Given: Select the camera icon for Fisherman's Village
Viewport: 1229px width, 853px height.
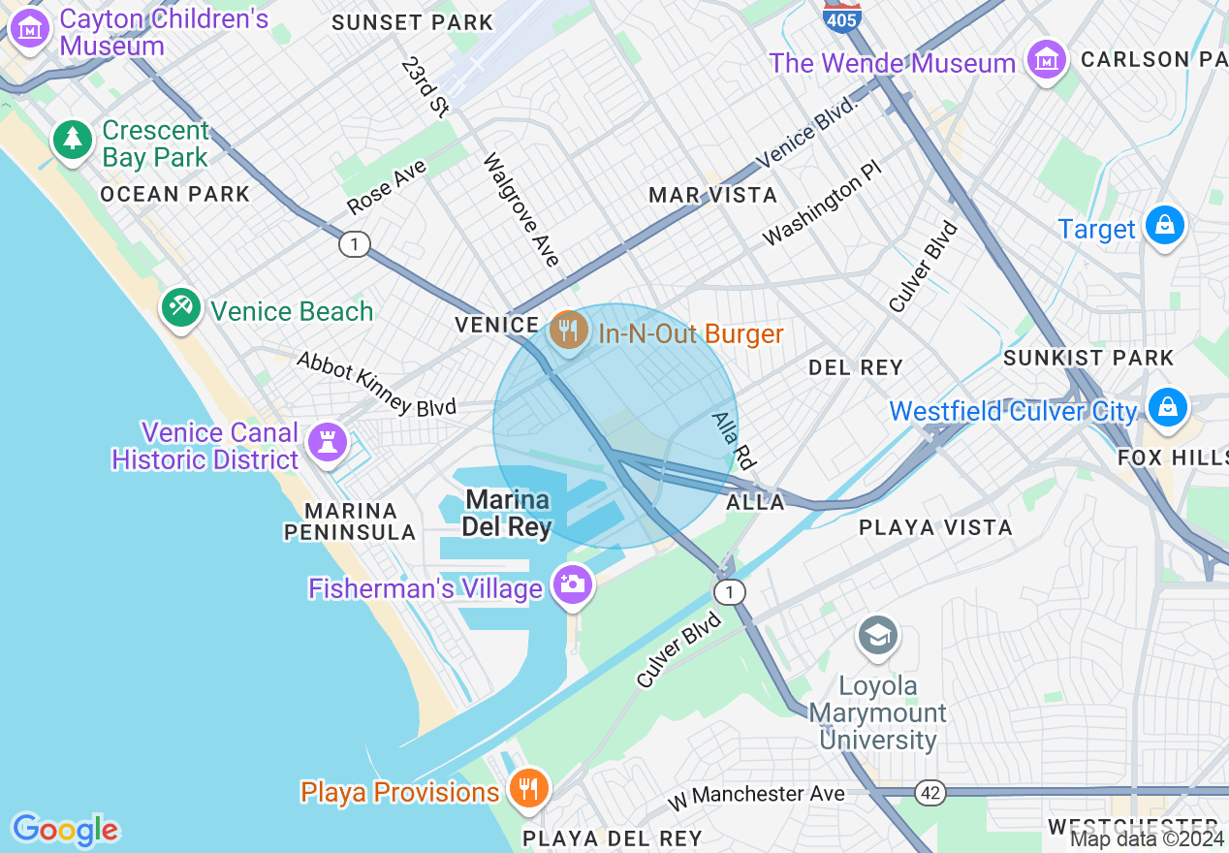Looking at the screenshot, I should (x=572, y=584).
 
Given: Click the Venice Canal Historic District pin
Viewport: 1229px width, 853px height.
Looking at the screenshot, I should (x=328, y=443).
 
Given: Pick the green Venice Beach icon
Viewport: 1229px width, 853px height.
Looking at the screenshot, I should (x=180, y=308).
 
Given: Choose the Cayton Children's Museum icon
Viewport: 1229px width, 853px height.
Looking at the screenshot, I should (x=30, y=29).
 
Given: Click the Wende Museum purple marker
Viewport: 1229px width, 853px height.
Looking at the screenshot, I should (x=1047, y=60).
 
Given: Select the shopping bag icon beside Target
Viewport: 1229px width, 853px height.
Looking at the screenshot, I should (x=1164, y=226).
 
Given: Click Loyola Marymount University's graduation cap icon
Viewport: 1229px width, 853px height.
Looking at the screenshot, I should (x=877, y=636).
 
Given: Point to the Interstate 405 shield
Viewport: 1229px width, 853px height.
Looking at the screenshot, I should (x=842, y=16).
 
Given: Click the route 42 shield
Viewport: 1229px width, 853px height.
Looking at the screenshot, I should (x=930, y=793).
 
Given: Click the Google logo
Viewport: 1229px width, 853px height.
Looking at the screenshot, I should (x=65, y=830).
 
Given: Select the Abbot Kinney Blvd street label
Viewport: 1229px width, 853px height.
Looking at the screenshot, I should (x=376, y=384).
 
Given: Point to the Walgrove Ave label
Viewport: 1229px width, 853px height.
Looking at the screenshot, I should (x=521, y=209).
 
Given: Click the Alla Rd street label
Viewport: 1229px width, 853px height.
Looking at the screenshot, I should (x=732, y=440).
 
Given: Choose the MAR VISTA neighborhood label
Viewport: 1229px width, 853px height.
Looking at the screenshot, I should (x=712, y=196).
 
